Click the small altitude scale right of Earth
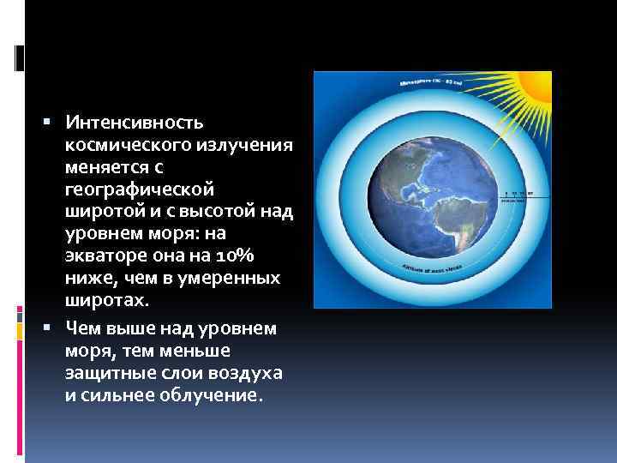[x=516, y=194]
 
